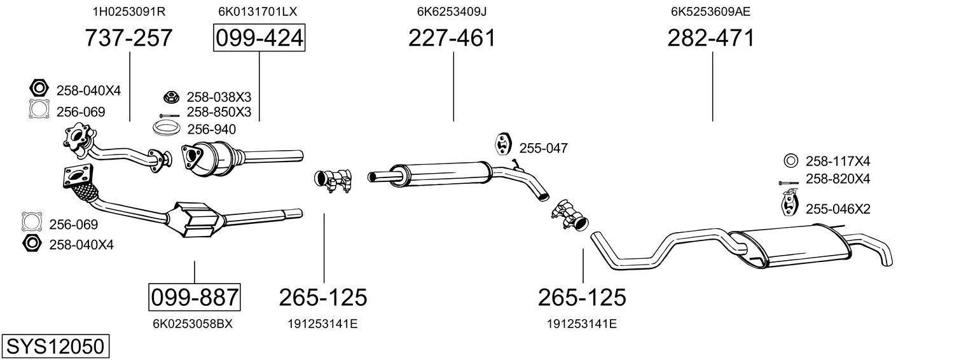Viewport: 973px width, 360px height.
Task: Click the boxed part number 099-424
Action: [259, 38]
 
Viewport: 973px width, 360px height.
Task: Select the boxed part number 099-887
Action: [195, 298]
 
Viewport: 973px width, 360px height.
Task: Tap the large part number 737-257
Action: [128, 38]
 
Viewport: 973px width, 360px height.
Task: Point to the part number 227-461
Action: [452, 38]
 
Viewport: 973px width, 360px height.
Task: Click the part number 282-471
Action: [711, 38]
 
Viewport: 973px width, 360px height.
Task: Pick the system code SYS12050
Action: [55, 347]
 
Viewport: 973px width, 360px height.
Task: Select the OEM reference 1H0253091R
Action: [129, 11]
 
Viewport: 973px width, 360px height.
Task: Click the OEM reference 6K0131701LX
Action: [258, 11]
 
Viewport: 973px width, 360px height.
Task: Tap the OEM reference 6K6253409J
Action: [452, 11]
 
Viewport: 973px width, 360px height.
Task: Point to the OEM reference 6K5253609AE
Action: [710, 11]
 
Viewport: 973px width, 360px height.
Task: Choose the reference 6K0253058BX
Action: [193, 324]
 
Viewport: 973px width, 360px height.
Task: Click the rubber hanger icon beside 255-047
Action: [503, 144]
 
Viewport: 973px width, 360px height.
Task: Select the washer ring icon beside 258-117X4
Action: [791, 161]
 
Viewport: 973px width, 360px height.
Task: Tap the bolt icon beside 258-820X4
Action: [789, 183]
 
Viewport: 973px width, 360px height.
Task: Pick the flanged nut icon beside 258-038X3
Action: [172, 97]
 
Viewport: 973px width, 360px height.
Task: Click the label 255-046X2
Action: [838, 209]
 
